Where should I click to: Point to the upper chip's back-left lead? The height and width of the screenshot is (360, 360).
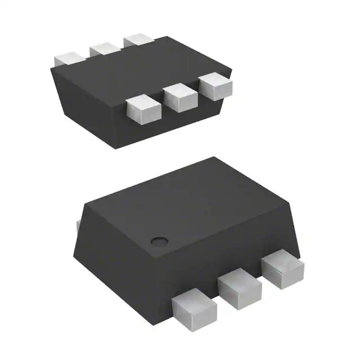pos(70,58)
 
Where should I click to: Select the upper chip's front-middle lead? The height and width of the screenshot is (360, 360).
pos(181,97)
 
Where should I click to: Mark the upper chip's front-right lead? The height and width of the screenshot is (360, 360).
pos(216,85)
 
